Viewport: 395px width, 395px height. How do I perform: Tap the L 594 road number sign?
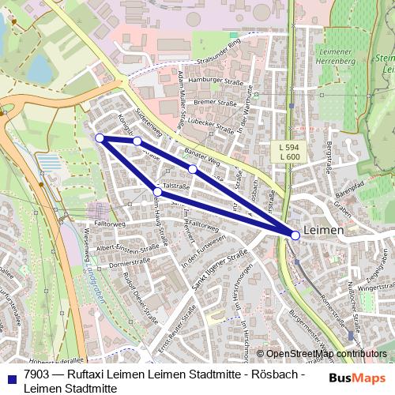[289, 147]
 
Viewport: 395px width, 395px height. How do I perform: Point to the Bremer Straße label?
[214, 103]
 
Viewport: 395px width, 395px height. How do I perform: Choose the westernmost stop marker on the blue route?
[100, 138]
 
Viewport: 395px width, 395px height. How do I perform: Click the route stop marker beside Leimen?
[295, 235]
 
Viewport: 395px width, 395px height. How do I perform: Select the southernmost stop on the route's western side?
[157, 192]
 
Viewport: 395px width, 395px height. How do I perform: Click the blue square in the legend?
[11, 376]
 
